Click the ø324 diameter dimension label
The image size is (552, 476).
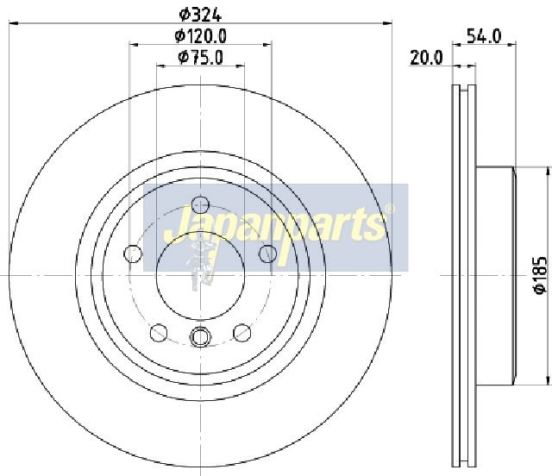pos(200,15)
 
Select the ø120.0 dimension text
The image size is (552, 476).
pos(201,36)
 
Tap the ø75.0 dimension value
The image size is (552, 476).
pos(201,58)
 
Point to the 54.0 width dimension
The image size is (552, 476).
pos(484,36)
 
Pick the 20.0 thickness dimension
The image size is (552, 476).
pos(426,58)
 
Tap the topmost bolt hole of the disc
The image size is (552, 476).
pos(201,205)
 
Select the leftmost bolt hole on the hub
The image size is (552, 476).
pos(133,254)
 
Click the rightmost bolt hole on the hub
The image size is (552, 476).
pos(268,254)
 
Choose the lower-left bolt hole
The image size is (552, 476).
pos(159,332)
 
